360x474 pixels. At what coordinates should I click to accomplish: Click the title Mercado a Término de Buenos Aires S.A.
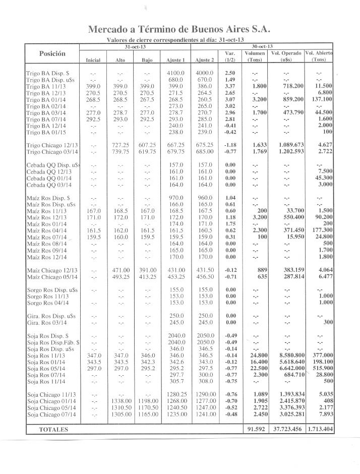pos(179,30)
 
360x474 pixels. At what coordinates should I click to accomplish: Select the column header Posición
pos(52,53)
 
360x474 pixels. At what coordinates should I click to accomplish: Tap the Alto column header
pos(120,60)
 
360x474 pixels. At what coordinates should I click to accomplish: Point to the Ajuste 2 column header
pos(205,60)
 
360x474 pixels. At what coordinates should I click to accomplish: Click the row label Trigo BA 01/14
pos(48,100)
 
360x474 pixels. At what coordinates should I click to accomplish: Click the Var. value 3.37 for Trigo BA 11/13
pos(230,86)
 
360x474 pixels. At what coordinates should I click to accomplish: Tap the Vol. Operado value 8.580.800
pos(287,355)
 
